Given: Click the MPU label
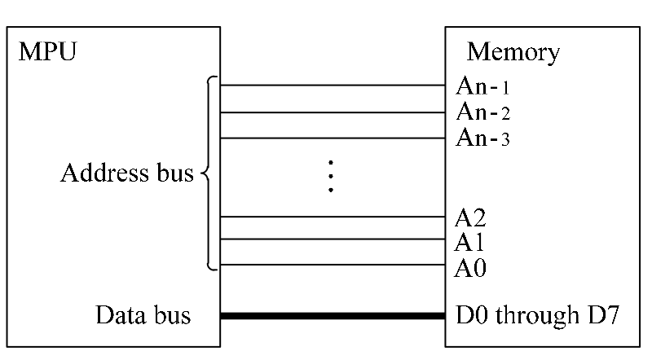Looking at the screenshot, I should pos(46,54).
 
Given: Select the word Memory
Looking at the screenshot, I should pos(513,53).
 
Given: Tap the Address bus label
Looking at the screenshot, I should pos(127,173).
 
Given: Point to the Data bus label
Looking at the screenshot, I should pos(143,315).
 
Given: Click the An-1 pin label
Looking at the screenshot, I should pos(483,86).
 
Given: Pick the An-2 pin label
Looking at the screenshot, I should pos(483,112).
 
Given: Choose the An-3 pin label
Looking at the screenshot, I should pos(483,138).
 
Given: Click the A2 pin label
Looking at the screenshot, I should pos(470,217).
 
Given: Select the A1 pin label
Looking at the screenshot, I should pos(470,242).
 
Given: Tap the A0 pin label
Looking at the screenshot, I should pos(470,266).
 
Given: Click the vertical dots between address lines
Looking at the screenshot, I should pos(331,176).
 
